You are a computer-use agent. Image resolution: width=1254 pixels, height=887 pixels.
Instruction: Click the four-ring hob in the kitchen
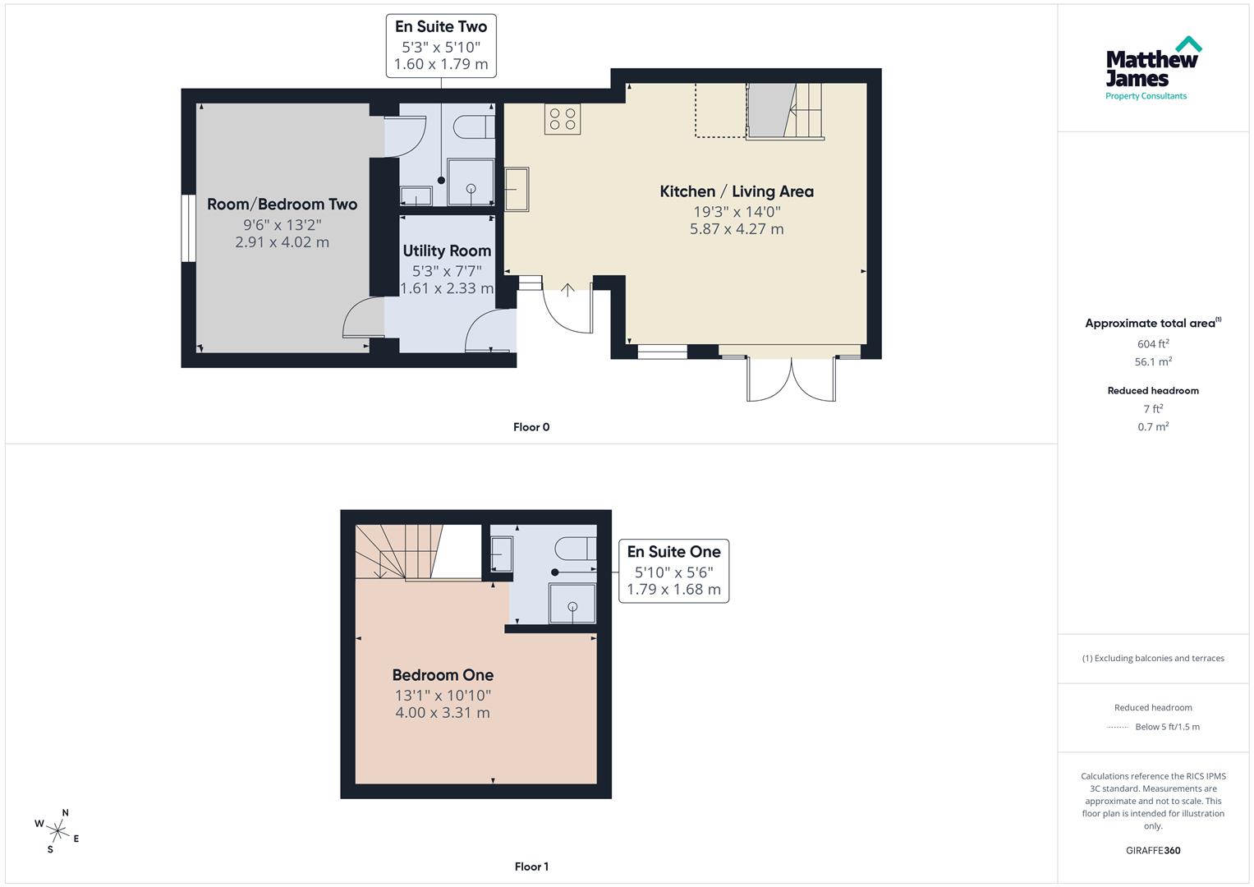[563, 118]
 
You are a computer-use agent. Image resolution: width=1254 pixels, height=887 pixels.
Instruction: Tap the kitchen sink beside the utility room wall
[517, 189]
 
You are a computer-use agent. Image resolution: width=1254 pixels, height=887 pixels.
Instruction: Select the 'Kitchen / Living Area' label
[737, 191]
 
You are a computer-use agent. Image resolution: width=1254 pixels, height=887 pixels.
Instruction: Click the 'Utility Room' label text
[447, 250]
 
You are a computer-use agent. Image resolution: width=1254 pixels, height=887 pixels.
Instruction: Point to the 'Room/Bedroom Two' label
[282, 205]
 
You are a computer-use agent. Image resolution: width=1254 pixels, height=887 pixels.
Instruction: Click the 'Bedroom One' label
[443, 675]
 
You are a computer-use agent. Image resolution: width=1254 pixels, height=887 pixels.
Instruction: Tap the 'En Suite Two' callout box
[441, 45]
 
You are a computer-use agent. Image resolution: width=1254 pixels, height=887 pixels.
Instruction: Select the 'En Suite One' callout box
[673, 571]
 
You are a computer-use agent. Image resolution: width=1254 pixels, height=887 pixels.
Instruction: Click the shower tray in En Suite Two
[471, 182]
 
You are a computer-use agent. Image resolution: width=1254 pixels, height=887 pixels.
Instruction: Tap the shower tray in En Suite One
[572, 604]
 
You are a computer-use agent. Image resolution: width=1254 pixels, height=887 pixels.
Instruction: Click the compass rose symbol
[57, 830]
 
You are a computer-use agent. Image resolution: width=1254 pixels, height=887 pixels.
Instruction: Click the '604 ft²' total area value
[1153, 344]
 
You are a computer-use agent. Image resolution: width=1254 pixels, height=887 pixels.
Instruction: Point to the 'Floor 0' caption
[531, 427]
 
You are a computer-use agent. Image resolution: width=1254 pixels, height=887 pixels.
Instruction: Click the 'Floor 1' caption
[531, 866]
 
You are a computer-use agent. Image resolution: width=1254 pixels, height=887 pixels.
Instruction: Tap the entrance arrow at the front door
[567, 290]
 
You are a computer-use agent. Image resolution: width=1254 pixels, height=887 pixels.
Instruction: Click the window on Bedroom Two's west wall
[188, 228]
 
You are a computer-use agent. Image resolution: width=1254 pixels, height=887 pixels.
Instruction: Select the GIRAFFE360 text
[1153, 850]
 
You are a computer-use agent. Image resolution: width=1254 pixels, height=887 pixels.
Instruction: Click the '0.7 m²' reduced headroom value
[1153, 427]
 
